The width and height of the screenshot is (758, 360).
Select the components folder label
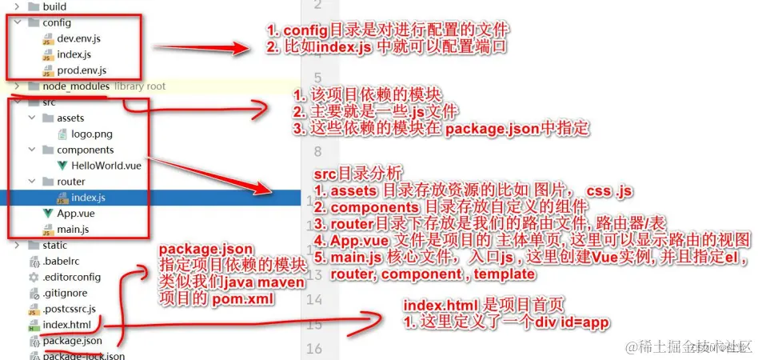[85, 150]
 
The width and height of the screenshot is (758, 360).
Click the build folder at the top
[54, 6]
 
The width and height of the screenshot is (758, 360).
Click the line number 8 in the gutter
[317, 151]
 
